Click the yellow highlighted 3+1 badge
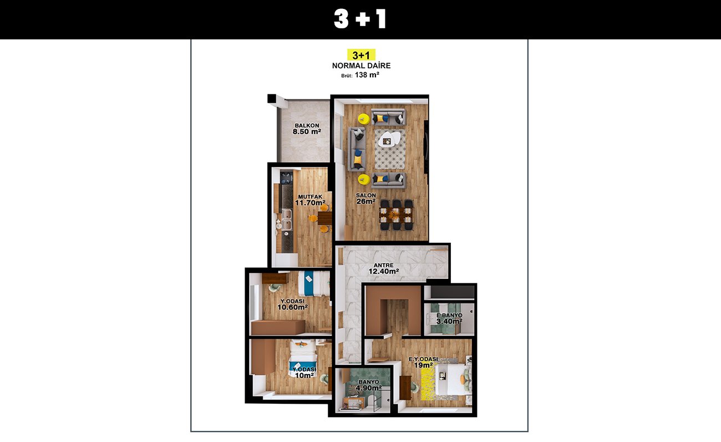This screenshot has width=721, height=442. point(361,55)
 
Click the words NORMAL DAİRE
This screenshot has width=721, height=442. point(361,65)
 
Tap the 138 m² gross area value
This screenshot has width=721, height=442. point(367,75)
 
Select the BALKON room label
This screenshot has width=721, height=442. point(307,125)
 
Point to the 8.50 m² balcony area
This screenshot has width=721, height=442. point(307,131)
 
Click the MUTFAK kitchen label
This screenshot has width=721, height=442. point(310,197)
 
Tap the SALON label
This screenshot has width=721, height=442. point(365,195)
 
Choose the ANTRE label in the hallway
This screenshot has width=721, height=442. point(383,265)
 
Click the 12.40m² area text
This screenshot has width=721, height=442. point(384,271)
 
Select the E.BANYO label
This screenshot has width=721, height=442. point(449,315)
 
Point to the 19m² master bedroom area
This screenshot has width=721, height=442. point(423,365)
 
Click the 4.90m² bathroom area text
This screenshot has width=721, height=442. point(369,388)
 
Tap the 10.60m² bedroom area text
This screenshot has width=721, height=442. point(292,307)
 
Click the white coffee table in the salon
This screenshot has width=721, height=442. point(390,139)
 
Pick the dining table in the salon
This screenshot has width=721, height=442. point(397,215)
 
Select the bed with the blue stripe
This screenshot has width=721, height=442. point(313,283)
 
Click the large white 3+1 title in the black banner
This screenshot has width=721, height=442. point(360,19)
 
